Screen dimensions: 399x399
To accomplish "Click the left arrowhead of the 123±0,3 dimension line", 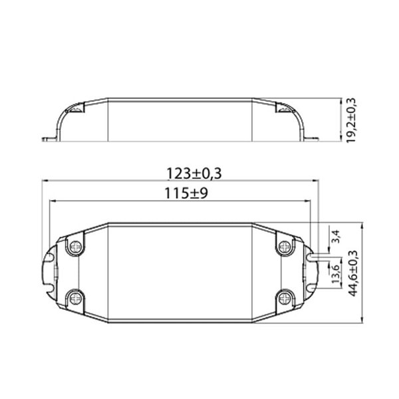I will point(45,181).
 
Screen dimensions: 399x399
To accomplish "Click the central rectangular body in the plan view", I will point(180,271).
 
